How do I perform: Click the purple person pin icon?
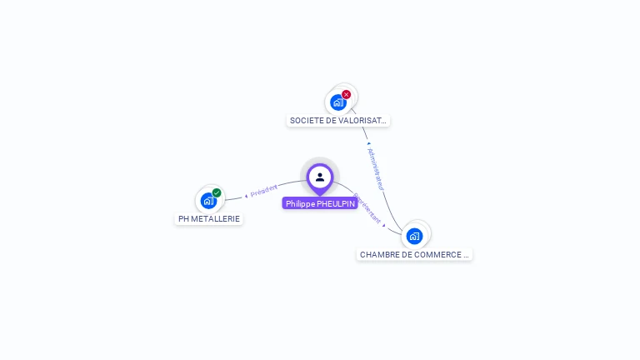320,177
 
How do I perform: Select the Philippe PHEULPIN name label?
320,203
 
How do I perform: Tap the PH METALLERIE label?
209,219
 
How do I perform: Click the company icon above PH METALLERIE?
208,201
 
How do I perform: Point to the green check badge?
217,192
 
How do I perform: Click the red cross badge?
347,94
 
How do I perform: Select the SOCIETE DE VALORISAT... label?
337,121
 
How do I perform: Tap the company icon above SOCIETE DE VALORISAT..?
337,102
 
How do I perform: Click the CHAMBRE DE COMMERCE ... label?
414,254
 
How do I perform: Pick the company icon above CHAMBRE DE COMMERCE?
414,236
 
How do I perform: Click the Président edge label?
264,190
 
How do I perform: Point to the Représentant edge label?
367,208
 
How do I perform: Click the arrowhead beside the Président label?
247,195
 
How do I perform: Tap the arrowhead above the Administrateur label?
368,142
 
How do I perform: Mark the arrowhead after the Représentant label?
383,223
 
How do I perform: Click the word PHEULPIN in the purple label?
336,203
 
